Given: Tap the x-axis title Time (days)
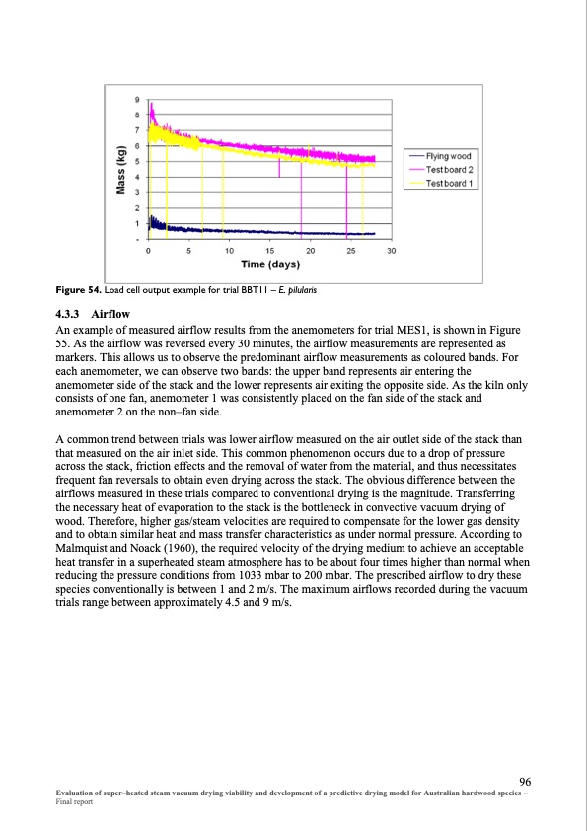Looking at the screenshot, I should [270, 264].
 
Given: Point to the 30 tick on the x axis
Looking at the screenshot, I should [391, 252].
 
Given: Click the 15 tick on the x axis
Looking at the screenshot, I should [269, 252].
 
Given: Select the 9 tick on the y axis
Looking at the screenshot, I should [137, 99].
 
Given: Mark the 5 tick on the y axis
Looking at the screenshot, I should [137, 161].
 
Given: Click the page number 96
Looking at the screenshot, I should [525, 780].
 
